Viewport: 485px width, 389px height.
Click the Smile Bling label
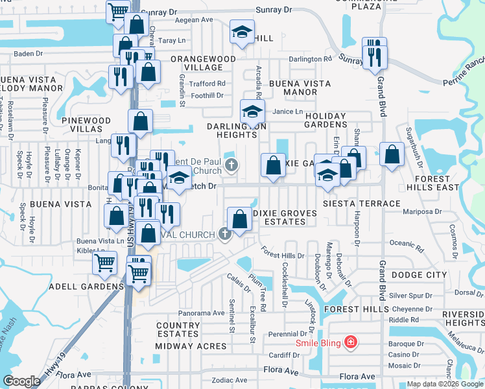point(318,342)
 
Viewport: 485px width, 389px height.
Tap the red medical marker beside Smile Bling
point(351,341)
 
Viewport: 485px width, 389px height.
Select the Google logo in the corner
point(21,381)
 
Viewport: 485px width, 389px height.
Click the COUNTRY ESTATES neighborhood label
point(178,330)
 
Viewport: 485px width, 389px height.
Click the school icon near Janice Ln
point(253,111)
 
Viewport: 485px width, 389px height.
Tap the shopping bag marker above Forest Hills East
point(391,154)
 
